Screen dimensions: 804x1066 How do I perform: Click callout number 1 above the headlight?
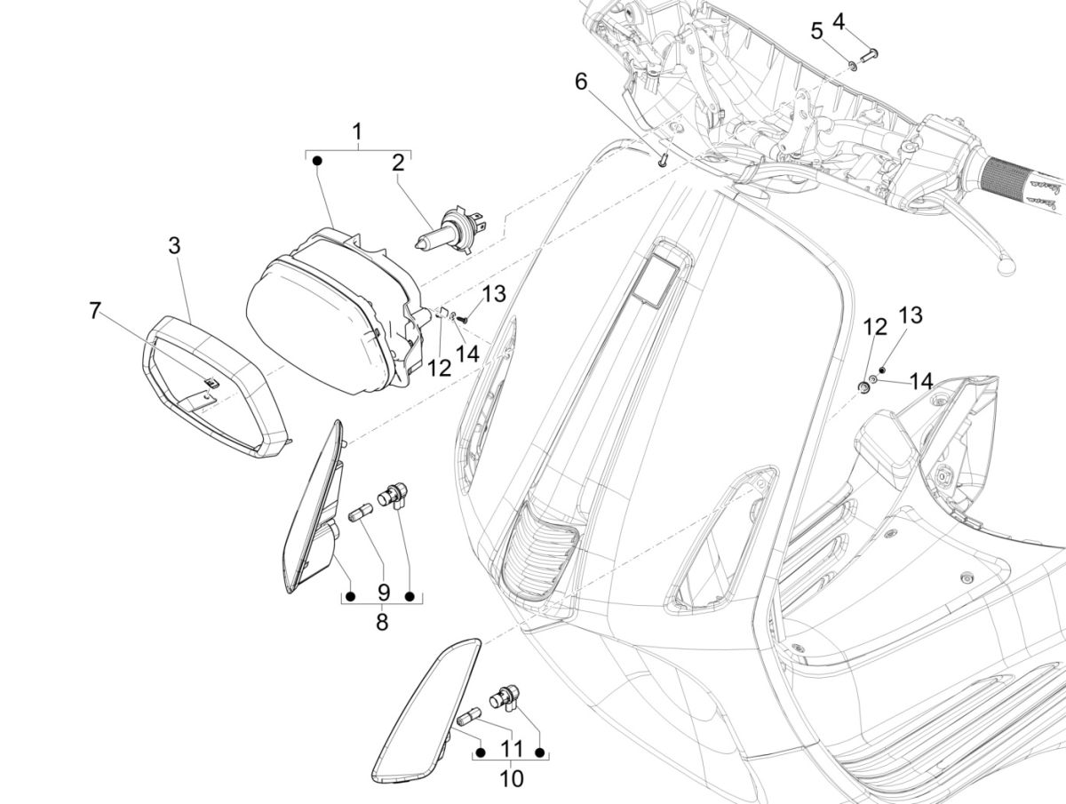[x=357, y=133]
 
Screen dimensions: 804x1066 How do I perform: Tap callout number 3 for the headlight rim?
[x=175, y=245]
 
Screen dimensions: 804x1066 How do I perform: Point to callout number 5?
[x=817, y=31]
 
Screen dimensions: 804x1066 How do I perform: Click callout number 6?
[x=581, y=82]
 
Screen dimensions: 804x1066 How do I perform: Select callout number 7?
[x=95, y=311]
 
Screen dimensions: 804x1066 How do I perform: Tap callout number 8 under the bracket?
[x=382, y=622]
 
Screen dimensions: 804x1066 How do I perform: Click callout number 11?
[x=510, y=750]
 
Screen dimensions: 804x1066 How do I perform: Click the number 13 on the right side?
[x=911, y=315]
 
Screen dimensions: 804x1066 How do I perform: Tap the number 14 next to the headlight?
[x=467, y=353]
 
